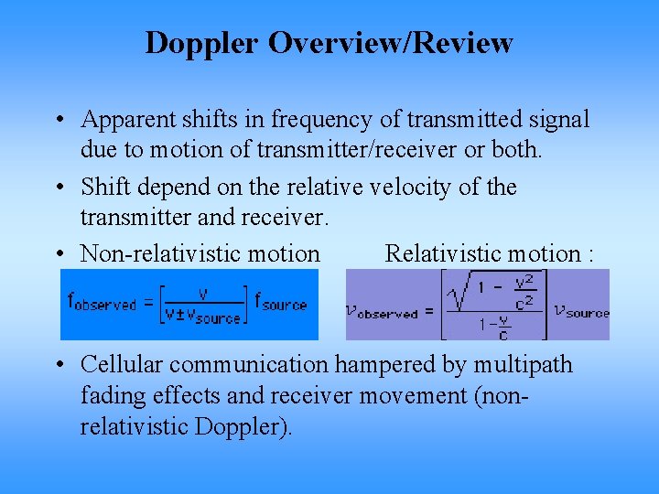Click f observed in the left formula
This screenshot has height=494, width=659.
(102, 303)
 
